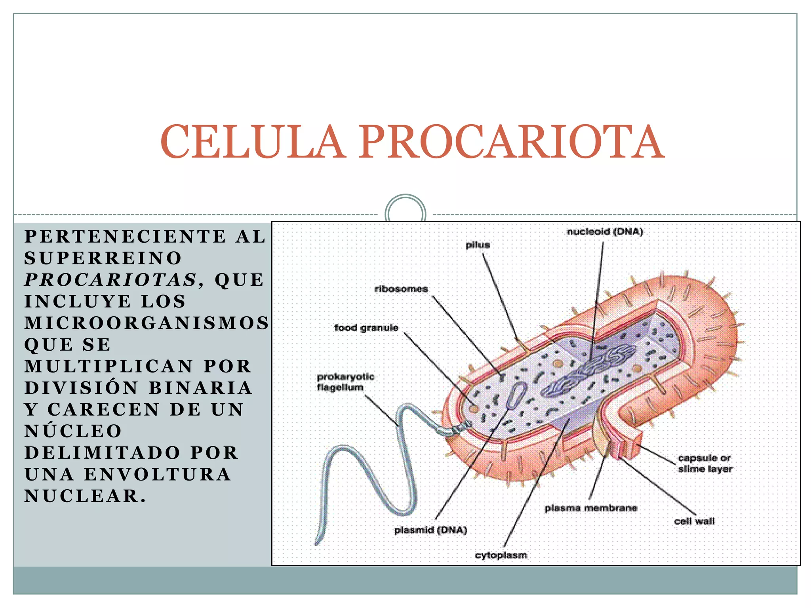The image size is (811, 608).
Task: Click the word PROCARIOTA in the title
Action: pyautogui.click(x=512, y=142)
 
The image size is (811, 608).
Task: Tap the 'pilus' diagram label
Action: pyautogui.click(x=478, y=245)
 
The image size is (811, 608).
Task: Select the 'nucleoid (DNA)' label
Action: pyautogui.click(x=605, y=232)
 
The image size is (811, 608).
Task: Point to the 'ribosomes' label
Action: pyautogui.click(x=401, y=289)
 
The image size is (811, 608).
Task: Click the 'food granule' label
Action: pyautogui.click(x=366, y=328)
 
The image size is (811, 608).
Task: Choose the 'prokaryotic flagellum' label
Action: pyautogui.click(x=345, y=382)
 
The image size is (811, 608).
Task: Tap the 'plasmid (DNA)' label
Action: pyautogui.click(x=430, y=530)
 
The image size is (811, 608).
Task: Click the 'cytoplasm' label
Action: pyautogui.click(x=501, y=555)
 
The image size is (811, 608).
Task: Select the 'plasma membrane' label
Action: pyautogui.click(x=591, y=508)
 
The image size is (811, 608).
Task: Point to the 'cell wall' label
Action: pyautogui.click(x=694, y=521)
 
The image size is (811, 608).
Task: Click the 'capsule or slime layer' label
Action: pyautogui.click(x=705, y=463)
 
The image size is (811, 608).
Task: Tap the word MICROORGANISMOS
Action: pyautogui.click(x=147, y=323)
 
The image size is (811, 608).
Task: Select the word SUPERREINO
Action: pyautogui.click(x=103, y=258)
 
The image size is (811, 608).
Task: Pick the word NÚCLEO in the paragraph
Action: pyautogui.click(x=73, y=431)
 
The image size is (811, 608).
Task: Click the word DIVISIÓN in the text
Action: pyautogui.click(x=82, y=388)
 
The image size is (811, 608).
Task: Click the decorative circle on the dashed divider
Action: pyautogui.click(x=405, y=214)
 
